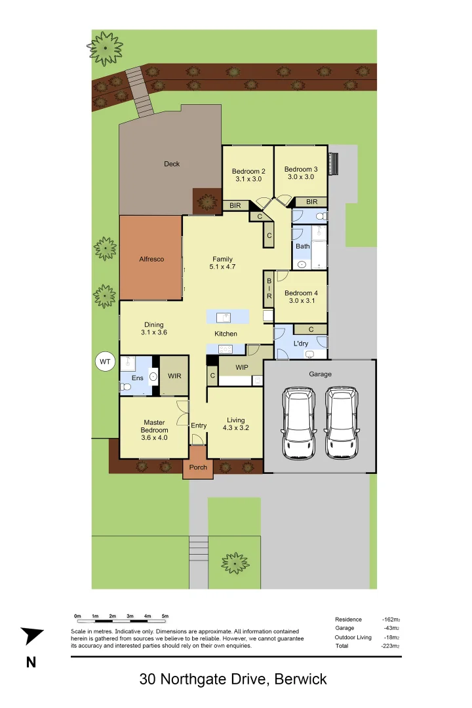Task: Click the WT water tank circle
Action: (x=104, y=361)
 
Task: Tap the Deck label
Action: (x=172, y=164)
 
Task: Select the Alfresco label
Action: (x=151, y=259)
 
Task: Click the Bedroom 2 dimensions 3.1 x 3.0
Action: (x=248, y=179)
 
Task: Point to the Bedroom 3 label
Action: (x=301, y=170)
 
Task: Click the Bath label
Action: (x=302, y=246)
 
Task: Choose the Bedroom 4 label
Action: (x=302, y=293)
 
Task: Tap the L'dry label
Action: (x=301, y=344)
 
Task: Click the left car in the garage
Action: (x=298, y=423)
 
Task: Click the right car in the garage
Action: (x=342, y=423)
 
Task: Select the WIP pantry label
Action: (x=242, y=367)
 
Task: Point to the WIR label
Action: (x=174, y=376)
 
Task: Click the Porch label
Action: (x=198, y=467)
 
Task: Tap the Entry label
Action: (x=199, y=425)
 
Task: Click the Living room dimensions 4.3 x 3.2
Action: (x=236, y=428)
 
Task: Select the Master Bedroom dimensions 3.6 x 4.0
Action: (x=154, y=437)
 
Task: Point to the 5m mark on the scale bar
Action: (x=165, y=616)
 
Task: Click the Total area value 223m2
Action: (x=391, y=646)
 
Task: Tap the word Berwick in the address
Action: (x=302, y=679)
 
